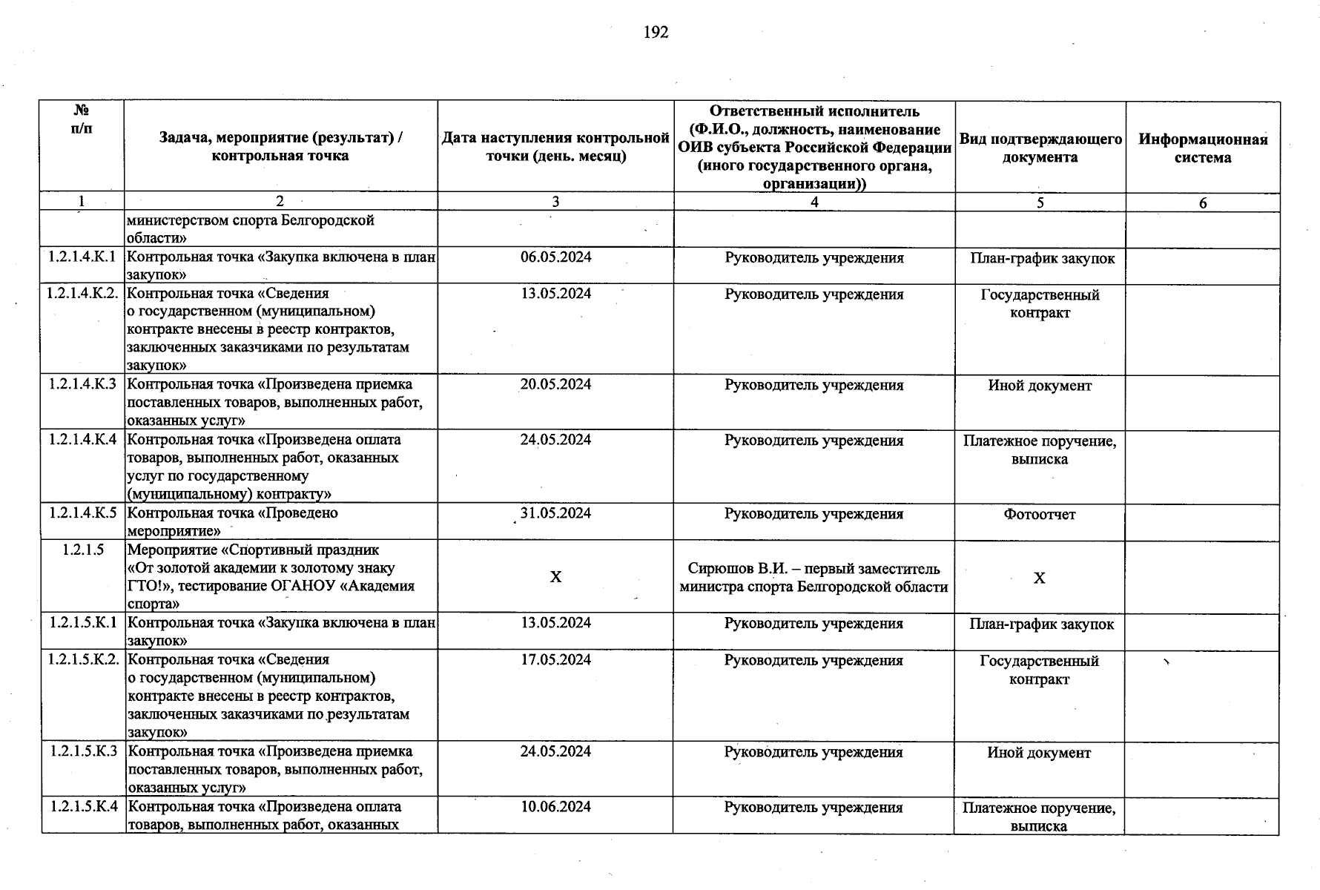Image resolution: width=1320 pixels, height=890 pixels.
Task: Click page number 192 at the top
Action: (x=656, y=32)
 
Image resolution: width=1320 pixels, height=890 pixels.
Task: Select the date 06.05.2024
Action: (x=555, y=257)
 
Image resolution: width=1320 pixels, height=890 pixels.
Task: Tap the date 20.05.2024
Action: (x=555, y=384)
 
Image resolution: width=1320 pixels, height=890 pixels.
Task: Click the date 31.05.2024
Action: (x=555, y=513)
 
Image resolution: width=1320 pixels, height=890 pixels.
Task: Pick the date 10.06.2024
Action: (x=555, y=806)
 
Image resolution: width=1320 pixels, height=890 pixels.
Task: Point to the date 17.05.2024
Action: (x=555, y=659)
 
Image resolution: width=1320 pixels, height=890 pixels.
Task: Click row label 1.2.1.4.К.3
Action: (x=82, y=384)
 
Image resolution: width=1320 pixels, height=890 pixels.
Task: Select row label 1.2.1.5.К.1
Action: (x=82, y=623)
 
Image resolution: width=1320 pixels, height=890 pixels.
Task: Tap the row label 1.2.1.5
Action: (x=82, y=550)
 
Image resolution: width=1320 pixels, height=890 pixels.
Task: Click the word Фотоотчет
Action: (x=1039, y=514)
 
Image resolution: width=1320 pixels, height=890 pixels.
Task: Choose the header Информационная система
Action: (x=1203, y=148)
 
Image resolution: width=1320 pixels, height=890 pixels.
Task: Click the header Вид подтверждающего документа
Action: (x=1040, y=148)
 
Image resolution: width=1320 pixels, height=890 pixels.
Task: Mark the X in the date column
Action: (x=555, y=577)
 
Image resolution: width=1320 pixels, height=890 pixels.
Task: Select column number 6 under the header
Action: (x=1203, y=202)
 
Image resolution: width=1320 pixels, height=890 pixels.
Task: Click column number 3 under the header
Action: (x=555, y=202)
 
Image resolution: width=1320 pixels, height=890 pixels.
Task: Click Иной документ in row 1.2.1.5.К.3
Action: (x=1039, y=753)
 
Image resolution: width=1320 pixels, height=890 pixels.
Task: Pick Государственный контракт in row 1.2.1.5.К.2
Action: (x=1039, y=670)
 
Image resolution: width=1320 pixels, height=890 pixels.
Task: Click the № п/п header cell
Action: (x=82, y=119)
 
